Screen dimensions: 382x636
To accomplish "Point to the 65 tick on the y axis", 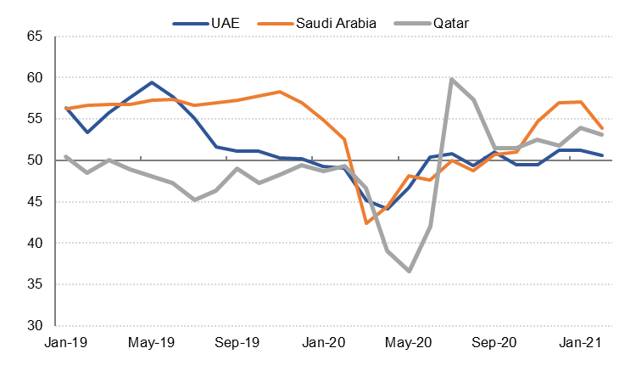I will (34, 37).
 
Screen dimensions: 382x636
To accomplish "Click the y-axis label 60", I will (34, 78).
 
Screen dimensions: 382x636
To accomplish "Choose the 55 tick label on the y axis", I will (34, 119).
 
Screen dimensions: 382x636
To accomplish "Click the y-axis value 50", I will (34, 160).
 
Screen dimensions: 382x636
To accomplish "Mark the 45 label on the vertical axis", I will (34, 202).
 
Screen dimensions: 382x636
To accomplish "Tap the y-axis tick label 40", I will (34, 243).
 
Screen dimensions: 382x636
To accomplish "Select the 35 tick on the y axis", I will (34, 284).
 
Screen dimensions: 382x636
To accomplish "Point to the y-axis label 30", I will (34, 326).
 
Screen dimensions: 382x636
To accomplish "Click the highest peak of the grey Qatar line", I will (452, 79).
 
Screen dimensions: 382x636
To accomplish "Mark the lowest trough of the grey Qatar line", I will (409, 271).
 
